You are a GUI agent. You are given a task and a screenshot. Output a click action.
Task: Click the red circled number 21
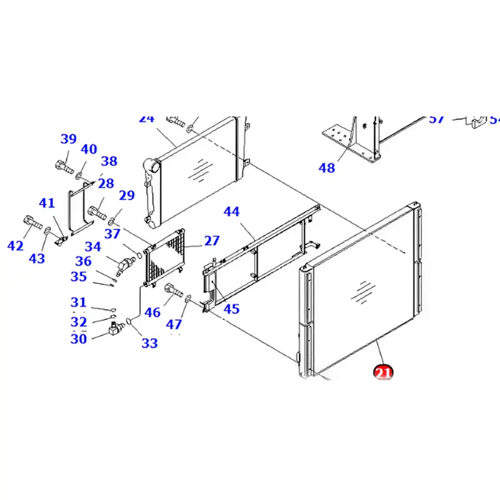382,372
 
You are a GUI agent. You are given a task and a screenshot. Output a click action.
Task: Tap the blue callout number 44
231,212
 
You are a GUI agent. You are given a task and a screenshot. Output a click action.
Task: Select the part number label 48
327,167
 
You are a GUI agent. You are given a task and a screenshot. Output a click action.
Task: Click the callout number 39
68,139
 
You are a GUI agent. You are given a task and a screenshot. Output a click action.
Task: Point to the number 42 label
16,246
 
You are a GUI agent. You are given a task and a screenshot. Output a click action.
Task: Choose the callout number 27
212,241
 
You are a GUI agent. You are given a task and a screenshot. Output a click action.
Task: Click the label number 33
149,342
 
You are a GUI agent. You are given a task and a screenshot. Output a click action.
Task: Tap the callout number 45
231,308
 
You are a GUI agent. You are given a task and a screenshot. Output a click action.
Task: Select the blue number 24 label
146,119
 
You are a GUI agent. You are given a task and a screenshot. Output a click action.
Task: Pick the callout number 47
174,324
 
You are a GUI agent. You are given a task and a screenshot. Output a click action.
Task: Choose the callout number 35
79,276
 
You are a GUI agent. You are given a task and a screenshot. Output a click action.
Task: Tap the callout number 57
437,119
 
